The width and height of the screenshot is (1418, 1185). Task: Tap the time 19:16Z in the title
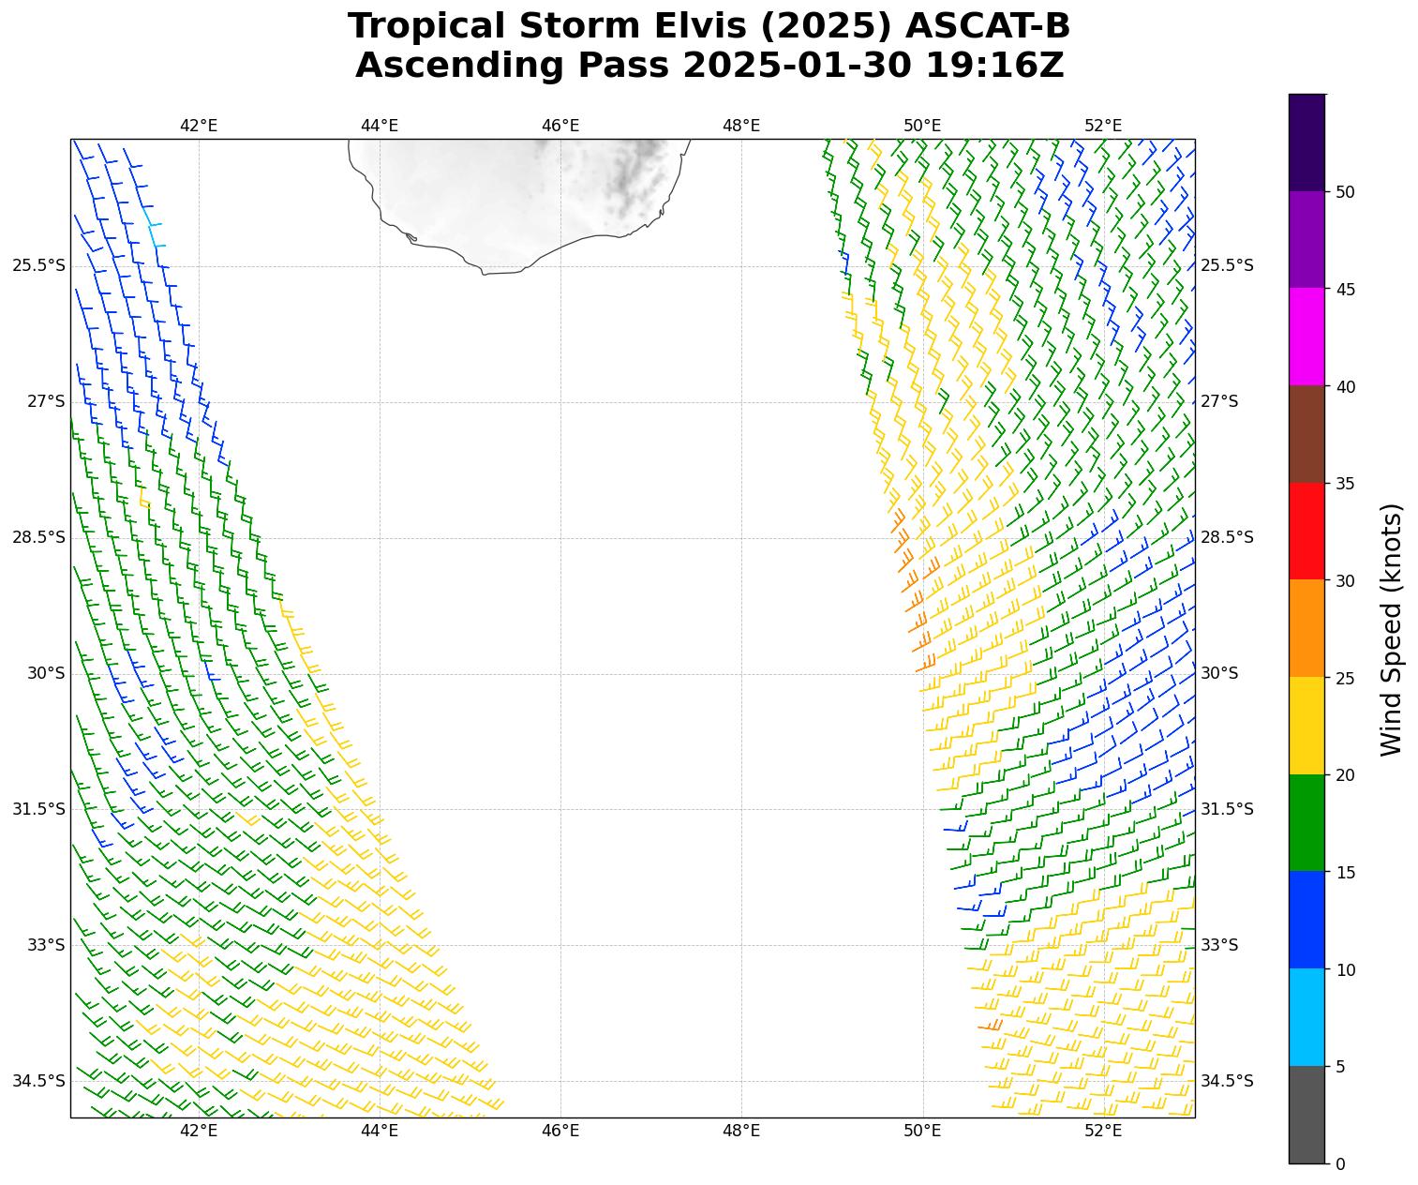pos(994,66)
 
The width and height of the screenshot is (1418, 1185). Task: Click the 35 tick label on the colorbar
pos(1346,484)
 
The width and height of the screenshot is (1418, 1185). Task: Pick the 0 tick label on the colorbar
pos(1340,1164)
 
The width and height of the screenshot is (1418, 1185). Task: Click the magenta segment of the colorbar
pos(1307,336)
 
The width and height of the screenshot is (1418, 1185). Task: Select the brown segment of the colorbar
pos(1307,433)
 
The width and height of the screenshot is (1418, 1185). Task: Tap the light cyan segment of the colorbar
pos(1307,1017)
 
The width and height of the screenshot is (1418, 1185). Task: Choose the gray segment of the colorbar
pos(1307,1115)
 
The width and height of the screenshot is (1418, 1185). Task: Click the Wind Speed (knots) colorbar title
pos(1392,629)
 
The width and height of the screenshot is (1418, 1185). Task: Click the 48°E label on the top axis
pos(741,126)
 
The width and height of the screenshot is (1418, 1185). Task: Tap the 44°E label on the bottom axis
pos(380,1131)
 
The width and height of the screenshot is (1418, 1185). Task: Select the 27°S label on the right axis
pos(1219,401)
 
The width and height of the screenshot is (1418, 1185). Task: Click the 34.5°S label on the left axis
pos(38,1081)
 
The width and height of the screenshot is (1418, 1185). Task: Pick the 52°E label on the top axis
pos(1103,126)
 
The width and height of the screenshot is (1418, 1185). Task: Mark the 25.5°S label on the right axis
pos(1227,265)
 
